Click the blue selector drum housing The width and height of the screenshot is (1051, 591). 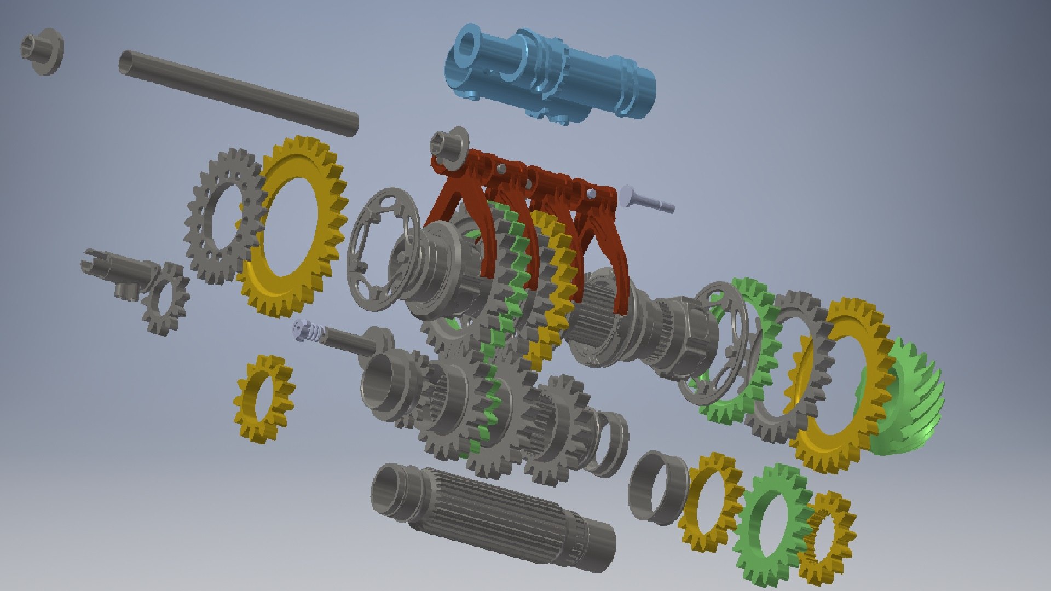[553, 77]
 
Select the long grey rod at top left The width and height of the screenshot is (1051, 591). [238, 90]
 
